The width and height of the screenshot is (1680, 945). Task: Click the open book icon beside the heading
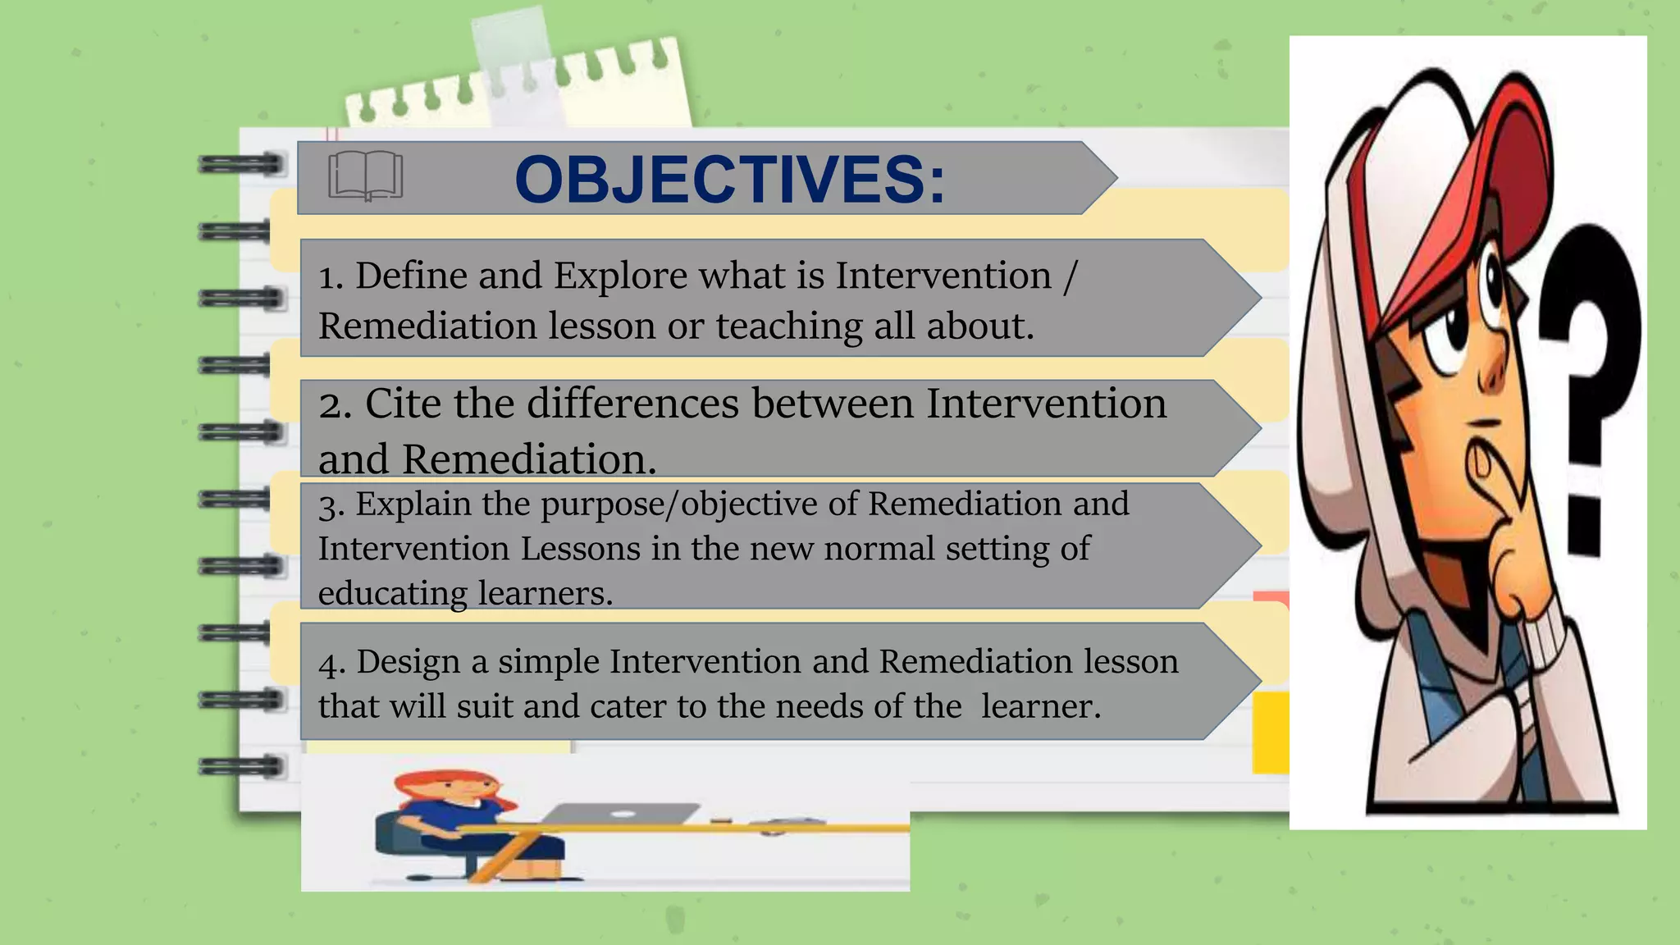[x=365, y=176]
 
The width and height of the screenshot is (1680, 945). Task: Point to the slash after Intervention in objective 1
[x=1069, y=276]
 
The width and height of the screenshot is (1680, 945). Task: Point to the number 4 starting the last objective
[x=329, y=663]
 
